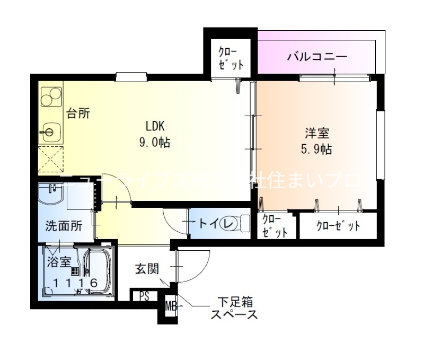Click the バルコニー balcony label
[x=317, y=56]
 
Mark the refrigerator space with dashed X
[x=51, y=159]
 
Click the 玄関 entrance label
[x=146, y=269]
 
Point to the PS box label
[x=144, y=296]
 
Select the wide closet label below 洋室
[x=338, y=226]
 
